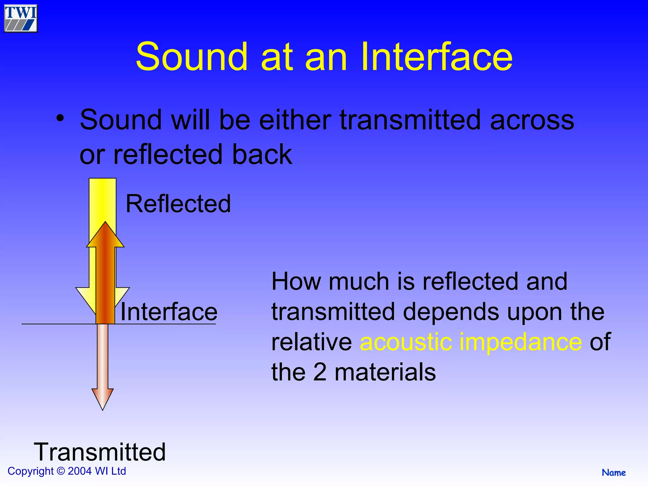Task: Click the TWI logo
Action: point(21,18)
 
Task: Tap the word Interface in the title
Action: point(436,57)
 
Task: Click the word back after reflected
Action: point(262,155)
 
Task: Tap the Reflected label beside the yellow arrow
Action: point(178,204)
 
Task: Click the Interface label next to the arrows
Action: point(169,312)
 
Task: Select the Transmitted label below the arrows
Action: point(100,452)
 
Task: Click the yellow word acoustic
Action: point(406,342)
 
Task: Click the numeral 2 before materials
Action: point(320,372)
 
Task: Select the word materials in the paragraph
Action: point(385,372)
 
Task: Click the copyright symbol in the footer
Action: point(60,471)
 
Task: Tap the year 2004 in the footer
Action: point(80,471)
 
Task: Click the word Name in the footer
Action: point(614,473)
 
